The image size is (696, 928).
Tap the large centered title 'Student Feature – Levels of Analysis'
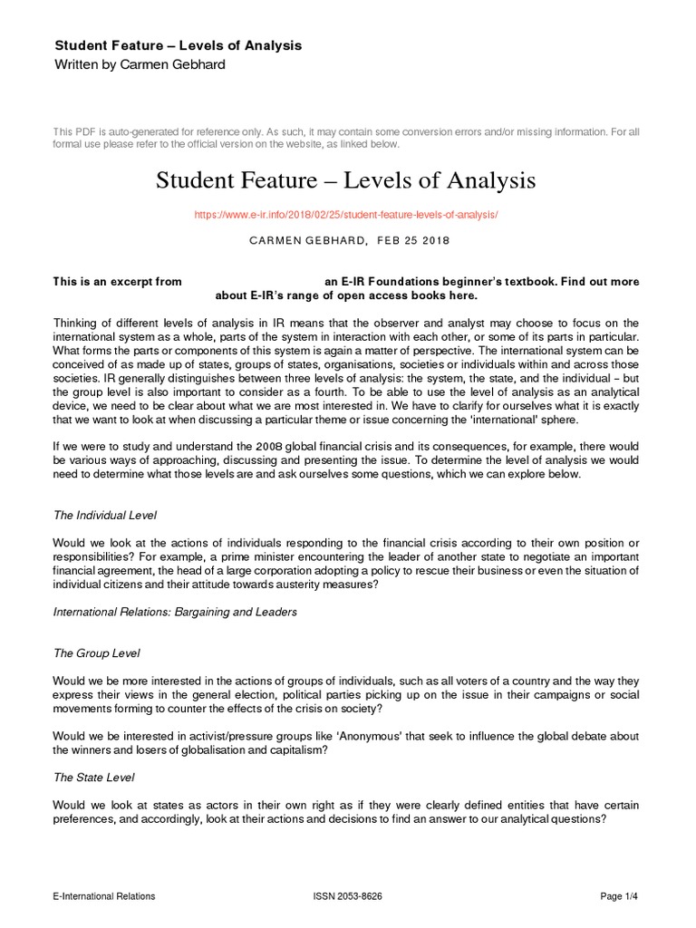click(x=346, y=181)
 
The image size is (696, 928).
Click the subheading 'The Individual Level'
click(x=105, y=515)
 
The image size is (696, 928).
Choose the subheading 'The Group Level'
click(x=97, y=653)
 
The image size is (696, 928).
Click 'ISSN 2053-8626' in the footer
click(x=347, y=896)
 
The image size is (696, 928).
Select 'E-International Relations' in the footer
click(x=104, y=896)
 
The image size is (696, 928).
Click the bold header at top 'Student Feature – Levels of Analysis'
click(x=179, y=44)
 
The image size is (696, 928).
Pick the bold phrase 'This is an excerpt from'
click(x=118, y=282)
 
